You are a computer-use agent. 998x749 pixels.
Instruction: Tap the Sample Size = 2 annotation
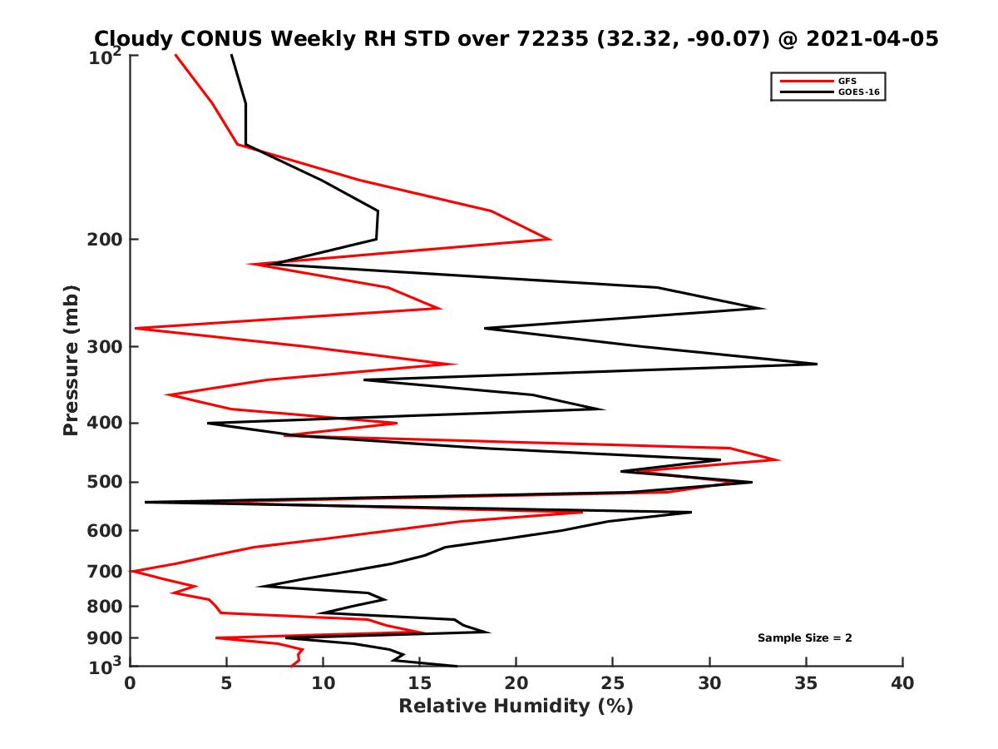[804, 638]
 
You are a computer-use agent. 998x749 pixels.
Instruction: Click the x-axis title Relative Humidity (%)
[516, 707]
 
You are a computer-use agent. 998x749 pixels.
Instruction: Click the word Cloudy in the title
[133, 38]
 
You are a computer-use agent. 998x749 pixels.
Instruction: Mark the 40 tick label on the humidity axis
[902, 683]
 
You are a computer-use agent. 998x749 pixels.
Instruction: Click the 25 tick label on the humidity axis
[613, 683]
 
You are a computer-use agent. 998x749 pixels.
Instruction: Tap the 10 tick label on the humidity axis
[323, 683]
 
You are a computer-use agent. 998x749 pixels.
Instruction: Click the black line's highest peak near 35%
[817, 364]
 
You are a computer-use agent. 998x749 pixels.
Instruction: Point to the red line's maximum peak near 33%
[779, 459]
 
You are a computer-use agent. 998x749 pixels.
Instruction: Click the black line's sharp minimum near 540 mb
[146, 502]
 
